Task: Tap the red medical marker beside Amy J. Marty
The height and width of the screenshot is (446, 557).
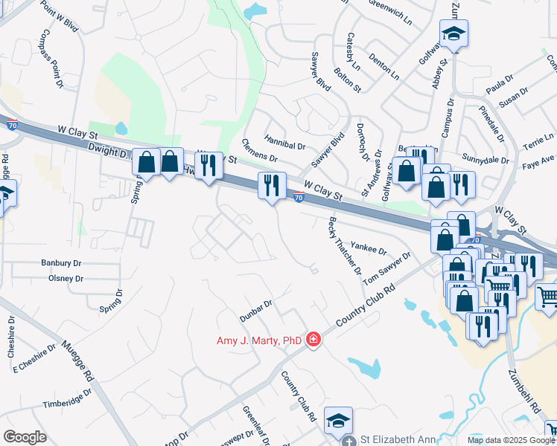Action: point(313,340)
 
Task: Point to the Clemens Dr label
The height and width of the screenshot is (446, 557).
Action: point(259,151)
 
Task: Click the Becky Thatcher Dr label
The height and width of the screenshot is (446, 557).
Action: point(345,246)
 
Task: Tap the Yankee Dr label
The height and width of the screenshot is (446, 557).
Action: point(369,247)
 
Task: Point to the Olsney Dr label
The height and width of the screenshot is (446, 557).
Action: point(66,279)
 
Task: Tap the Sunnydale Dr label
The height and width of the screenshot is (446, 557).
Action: point(485,160)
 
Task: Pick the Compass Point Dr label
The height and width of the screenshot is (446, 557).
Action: point(51,59)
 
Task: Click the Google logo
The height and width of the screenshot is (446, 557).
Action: point(25,437)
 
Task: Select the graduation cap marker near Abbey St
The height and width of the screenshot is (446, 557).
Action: point(453,34)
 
